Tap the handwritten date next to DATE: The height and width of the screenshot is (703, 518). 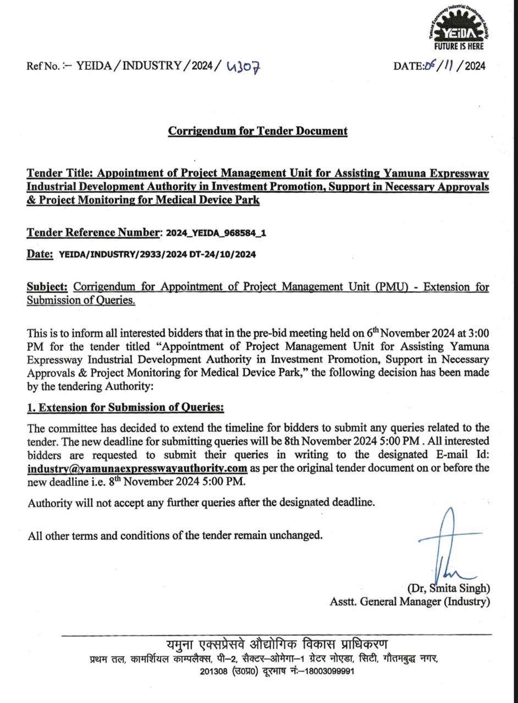(443, 66)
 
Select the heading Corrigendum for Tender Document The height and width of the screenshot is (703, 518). (258, 131)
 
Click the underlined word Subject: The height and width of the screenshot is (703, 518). (48, 287)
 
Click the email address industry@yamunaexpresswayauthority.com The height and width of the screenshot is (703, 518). (137, 468)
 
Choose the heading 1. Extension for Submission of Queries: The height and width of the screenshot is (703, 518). (126, 408)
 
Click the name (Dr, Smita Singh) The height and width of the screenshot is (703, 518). (448, 588)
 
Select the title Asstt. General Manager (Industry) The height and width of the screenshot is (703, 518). (410, 601)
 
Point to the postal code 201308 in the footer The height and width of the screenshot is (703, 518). (213, 672)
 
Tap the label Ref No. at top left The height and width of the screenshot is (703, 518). (43, 66)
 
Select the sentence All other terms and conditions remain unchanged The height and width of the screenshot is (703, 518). (175, 535)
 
